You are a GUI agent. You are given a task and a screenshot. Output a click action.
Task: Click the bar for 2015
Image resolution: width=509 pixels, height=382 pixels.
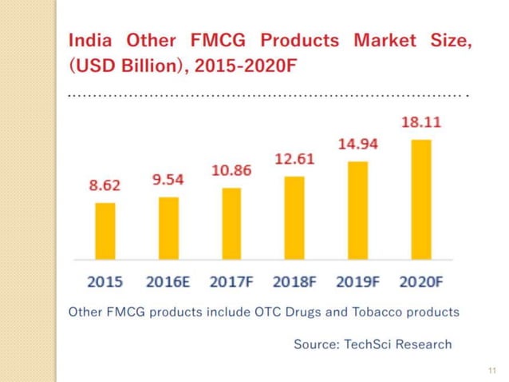(x=105, y=231)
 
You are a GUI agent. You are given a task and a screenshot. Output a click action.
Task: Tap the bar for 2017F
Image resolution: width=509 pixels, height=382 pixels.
(x=231, y=224)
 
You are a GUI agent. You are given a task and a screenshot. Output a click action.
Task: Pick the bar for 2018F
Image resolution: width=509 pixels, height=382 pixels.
(x=294, y=218)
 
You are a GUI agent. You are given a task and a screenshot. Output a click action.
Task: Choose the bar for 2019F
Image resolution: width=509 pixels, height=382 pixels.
(x=358, y=211)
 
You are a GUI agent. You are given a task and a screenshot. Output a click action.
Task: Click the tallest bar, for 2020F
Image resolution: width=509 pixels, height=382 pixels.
(x=421, y=200)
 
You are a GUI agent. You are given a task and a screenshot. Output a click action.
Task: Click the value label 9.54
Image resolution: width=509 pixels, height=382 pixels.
(x=168, y=179)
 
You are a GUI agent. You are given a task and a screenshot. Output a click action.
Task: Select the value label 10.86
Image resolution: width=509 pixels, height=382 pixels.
(x=231, y=170)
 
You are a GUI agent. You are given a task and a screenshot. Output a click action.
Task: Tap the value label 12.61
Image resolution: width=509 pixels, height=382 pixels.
(x=294, y=159)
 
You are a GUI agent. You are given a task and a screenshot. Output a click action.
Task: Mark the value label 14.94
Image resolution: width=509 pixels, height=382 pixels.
(x=358, y=145)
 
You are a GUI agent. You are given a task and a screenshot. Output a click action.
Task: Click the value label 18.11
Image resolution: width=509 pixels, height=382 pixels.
(x=421, y=123)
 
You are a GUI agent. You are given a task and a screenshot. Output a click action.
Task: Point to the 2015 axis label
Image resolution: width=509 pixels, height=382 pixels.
(x=105, y=281)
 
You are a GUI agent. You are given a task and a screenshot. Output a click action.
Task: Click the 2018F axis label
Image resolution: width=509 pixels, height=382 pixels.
(x=294, y=281)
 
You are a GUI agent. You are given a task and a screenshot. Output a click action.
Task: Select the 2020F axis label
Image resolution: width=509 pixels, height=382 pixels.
(x=421, y=281)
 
